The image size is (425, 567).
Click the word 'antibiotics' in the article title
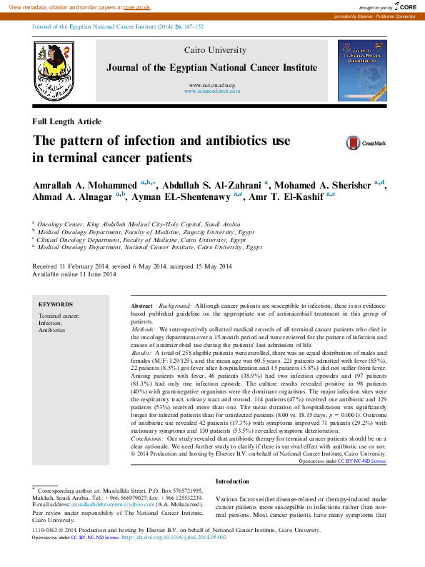tap(229, 140)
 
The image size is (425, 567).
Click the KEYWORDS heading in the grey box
tap(55, 304)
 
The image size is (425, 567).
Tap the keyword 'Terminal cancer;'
tap(59, 315)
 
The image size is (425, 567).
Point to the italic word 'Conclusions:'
tap(148, 399)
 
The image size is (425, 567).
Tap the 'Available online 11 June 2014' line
tap(74, 274)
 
